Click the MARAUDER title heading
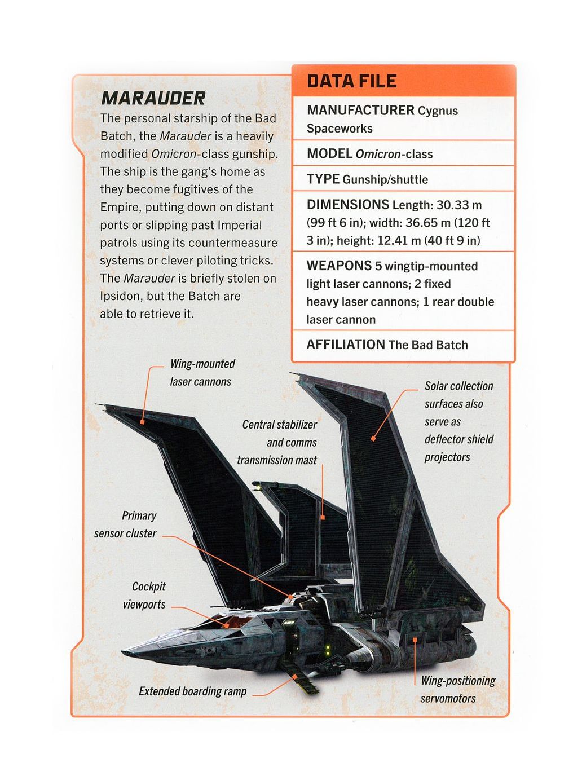153,99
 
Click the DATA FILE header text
352,81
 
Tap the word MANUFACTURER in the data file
360,110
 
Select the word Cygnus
438,111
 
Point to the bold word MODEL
329,153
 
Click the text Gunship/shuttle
385,179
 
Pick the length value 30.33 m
460,205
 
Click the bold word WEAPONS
339,266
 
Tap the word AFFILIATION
345,344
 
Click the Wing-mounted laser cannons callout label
202,373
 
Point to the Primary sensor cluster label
126,524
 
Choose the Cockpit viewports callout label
144,596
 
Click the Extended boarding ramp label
192,691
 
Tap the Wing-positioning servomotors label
457,689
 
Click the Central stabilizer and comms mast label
277,442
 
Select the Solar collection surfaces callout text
458,421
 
